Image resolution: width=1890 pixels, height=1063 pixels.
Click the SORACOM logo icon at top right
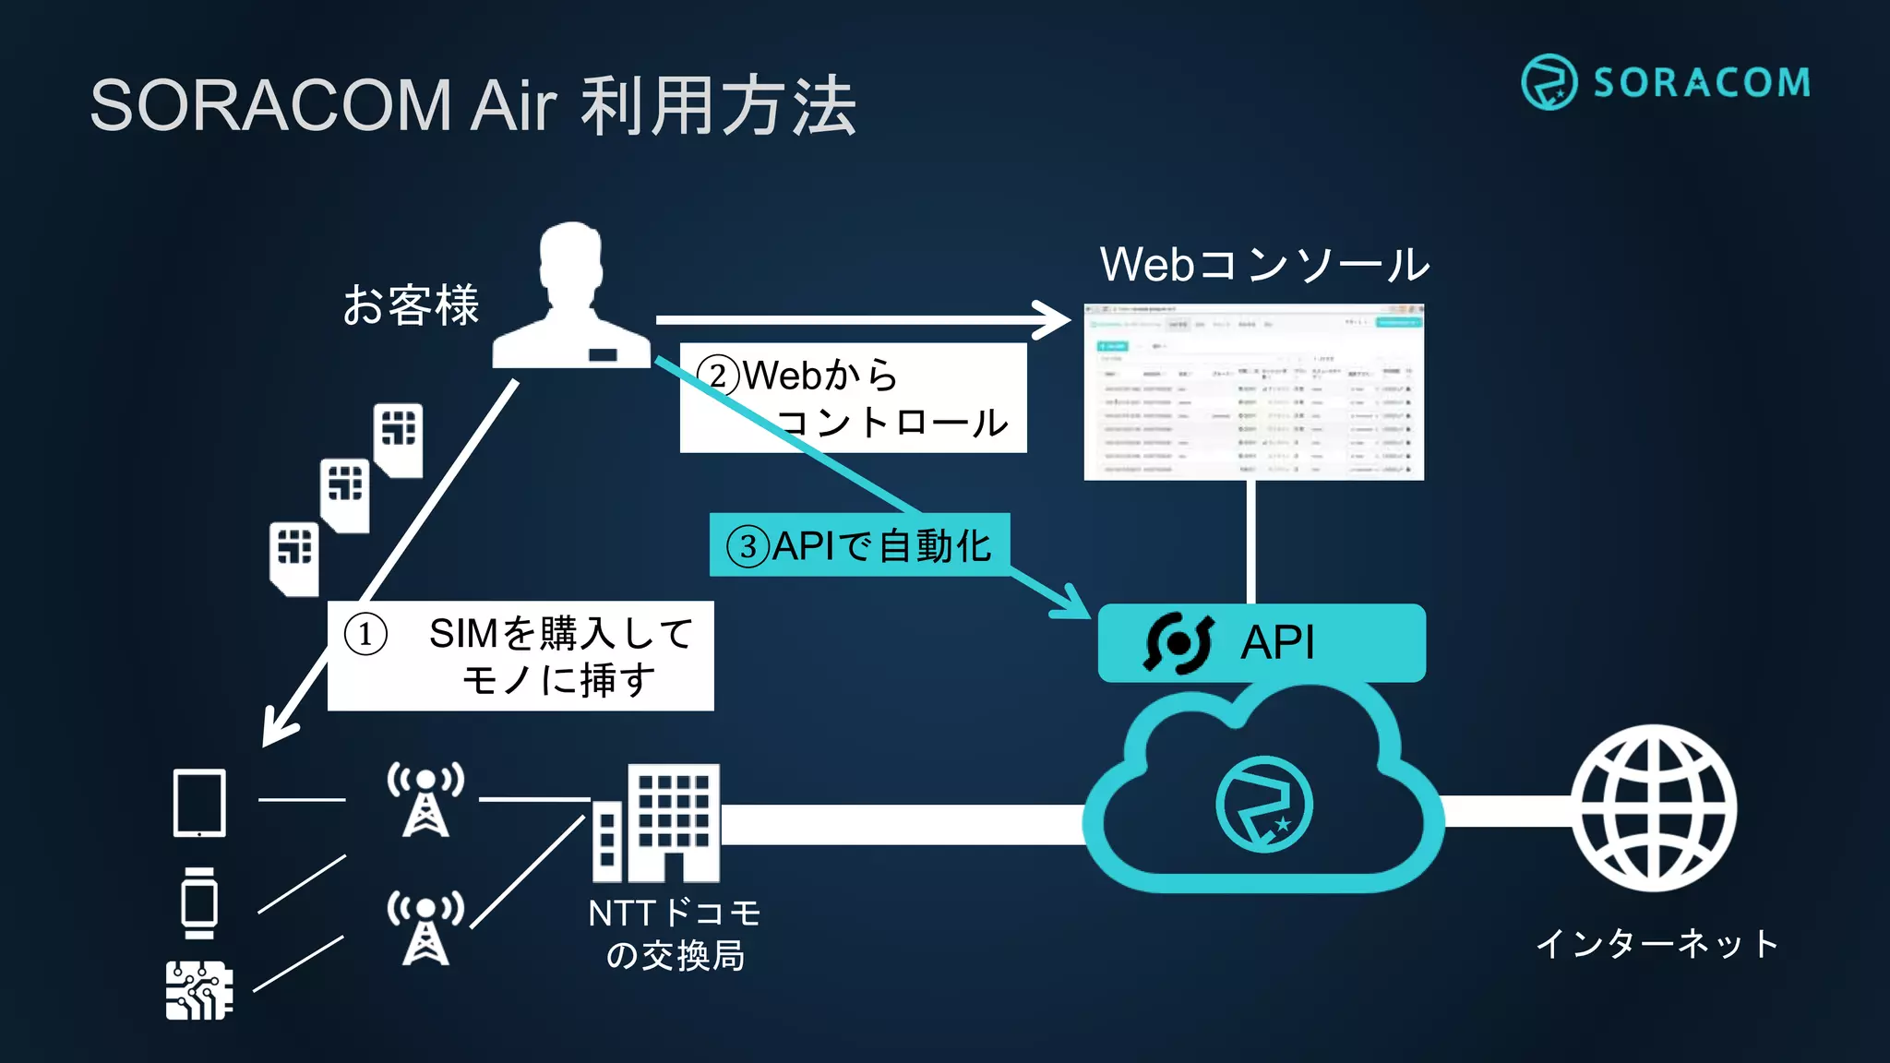click(1549, 82)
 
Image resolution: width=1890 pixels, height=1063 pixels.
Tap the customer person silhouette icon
click(571, 297)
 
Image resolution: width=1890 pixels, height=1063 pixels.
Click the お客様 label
click(411, 305)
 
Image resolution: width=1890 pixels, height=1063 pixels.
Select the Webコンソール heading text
click(1263, 265)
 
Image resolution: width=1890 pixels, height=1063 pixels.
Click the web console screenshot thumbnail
click(1253, 392)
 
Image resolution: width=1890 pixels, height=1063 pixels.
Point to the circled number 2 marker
click(718, 376)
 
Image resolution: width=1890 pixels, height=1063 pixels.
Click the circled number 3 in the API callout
click(748, 546)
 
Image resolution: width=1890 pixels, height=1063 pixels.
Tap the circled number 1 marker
click(365, 635)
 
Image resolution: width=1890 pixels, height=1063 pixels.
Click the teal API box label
click(1277, 642)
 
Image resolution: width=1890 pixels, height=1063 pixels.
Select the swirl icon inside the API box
click(1178, 643)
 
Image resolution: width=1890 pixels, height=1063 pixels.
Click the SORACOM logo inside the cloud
click(1263, 803)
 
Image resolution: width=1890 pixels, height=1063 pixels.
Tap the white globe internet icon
click(1654, 808)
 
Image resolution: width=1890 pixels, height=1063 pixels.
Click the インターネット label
click(1657, 944)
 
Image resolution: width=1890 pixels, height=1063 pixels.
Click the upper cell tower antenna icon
click(425, 799)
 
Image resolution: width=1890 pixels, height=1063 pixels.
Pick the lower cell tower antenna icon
click(425, 927)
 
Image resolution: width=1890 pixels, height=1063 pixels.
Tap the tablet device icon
click(199, 803)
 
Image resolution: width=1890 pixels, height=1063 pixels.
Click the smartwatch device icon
click(199, 902)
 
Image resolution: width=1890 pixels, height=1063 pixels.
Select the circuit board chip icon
click(198, 990)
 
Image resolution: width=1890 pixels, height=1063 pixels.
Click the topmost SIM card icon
click(399, 439)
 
